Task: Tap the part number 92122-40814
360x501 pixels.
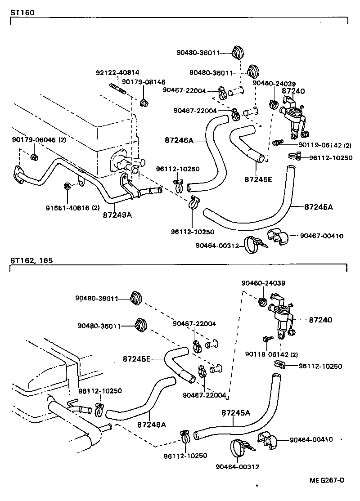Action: click(117, 72)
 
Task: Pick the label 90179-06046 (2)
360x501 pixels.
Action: click(39, 140)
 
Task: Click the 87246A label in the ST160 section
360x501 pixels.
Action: click(178, 140)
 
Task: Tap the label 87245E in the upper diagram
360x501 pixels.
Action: click(258, 179)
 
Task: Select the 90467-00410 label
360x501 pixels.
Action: click(322, 235)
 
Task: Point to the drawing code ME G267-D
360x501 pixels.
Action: click(327, 480)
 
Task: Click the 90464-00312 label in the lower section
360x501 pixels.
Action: click(237, 466)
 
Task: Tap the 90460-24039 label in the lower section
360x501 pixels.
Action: click(262, 283)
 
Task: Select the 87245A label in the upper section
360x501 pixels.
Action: click(318, 207)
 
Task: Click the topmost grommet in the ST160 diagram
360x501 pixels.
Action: click(238, 53)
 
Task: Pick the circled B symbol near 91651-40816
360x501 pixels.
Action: click(67, 186)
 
